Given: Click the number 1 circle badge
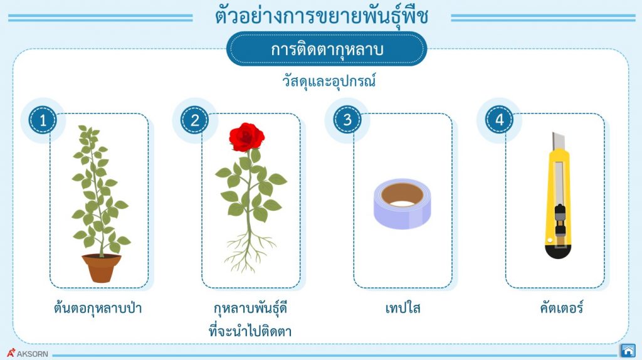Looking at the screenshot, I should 43,120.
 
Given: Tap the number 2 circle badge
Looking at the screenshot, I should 195,120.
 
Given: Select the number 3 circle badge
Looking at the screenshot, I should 347,120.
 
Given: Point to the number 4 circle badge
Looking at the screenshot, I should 499,120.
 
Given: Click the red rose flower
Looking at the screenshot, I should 246,134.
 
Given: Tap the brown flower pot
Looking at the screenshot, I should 101,268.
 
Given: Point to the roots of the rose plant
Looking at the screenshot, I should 246,248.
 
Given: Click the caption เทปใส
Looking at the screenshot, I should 403,309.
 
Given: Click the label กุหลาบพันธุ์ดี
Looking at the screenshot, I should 250,309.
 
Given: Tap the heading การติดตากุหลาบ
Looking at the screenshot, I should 327,50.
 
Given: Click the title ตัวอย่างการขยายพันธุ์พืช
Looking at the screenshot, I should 321,17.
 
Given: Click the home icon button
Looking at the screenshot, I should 628,350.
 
